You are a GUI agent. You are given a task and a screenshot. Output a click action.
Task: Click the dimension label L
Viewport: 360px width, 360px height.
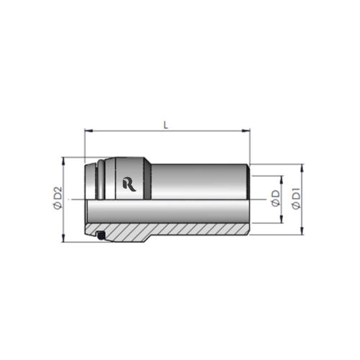(x=166, y=125)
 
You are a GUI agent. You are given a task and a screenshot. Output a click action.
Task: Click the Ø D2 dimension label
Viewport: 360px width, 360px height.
(x=57, y=199)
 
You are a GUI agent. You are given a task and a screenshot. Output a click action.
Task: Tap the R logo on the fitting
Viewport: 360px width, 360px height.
(x=130, y=184)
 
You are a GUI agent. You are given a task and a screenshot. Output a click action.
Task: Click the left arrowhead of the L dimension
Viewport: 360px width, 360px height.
(x=88, y=131)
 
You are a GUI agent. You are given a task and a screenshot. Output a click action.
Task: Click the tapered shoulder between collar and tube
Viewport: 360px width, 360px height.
(x=149, y=180)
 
